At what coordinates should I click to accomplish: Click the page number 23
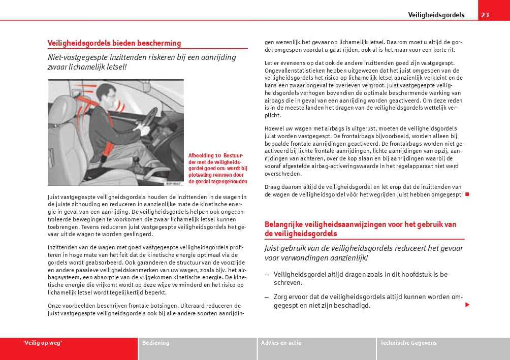485,15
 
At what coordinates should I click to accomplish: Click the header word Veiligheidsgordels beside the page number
436,15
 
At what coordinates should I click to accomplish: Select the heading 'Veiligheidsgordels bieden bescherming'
114,43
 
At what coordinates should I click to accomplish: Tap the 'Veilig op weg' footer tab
43,343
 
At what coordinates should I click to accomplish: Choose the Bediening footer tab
156,343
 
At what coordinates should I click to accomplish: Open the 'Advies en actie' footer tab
281,343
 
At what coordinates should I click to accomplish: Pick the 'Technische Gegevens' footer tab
408,343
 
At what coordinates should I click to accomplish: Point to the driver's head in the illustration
105,93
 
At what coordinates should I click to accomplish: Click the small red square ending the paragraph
467,194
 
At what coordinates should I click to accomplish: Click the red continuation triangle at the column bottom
467,305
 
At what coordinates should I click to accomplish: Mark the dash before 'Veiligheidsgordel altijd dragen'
267,275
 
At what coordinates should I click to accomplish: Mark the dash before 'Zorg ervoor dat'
267,297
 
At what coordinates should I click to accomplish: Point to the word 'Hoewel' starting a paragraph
274,128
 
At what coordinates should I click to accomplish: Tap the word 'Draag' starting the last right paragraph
273,187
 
